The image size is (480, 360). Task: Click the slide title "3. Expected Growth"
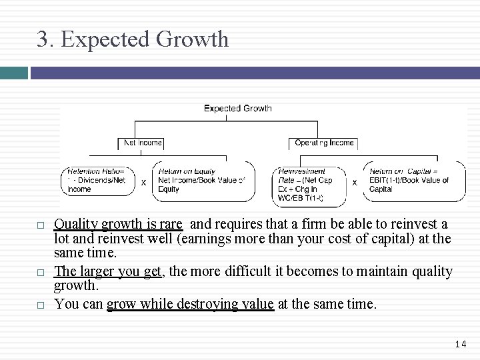click(133, 39)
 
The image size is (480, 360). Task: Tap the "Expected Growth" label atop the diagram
click(237, 108)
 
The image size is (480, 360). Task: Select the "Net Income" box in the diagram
click(141, 143)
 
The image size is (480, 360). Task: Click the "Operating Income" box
click(325, 143)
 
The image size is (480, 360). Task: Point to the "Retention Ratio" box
click(98, 180)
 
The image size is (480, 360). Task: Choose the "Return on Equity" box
click(203, 180)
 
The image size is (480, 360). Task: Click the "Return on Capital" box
click(414, 180)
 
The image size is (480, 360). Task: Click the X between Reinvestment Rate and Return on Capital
click(354, 181)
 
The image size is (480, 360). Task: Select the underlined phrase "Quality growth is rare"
click(118, 225)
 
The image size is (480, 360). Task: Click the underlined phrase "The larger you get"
click(108, 272)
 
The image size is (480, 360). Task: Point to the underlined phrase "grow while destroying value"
click(190, 305)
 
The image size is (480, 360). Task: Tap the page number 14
click(461, 344)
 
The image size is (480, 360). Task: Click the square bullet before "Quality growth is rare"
click(41, 225)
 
